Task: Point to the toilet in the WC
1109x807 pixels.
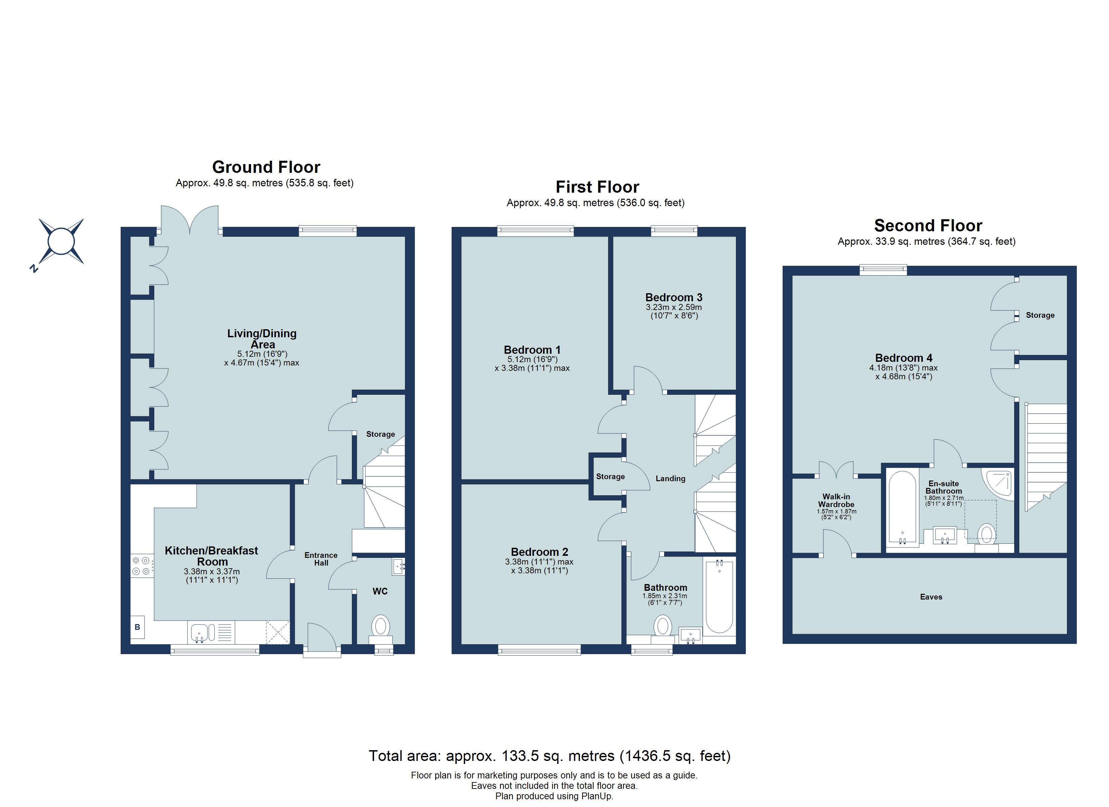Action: (380, 628)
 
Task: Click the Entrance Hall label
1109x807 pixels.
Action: (321, 559)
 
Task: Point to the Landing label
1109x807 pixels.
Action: (670, 478)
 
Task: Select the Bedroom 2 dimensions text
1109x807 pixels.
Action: (539, 566)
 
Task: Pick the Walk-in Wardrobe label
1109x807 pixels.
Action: (836, 500)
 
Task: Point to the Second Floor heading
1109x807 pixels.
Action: (928, 226)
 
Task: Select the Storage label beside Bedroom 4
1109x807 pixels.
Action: (1039, 315)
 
